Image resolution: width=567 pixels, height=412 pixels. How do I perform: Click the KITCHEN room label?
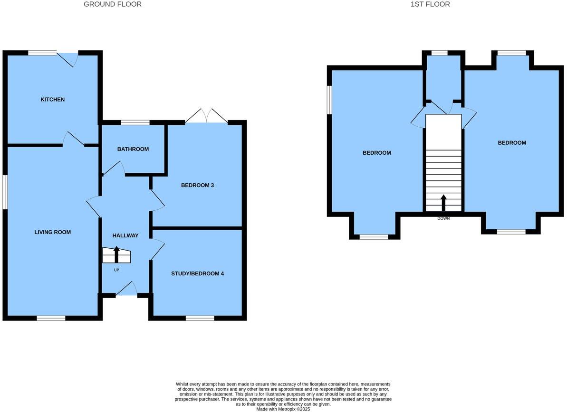(52, 100)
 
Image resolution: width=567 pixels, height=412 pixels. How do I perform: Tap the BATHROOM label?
(133, 149)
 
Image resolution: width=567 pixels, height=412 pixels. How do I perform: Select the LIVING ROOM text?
(52, 232)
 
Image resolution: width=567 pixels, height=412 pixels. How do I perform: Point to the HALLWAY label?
(125, 235)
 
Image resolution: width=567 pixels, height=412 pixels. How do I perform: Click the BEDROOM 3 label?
(197, 185)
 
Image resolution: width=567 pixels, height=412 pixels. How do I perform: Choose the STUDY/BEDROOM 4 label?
(197, 274)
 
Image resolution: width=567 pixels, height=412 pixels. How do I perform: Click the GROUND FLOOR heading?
(113, 4)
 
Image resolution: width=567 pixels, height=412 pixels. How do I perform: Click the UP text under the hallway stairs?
(116, 270)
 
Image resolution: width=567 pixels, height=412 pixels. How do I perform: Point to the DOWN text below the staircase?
(443, 218)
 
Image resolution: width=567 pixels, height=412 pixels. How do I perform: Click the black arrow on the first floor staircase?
(443, 202)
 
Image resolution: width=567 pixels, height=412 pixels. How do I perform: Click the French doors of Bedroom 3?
(206, 117)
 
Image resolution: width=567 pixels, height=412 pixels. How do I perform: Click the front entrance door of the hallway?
(126, 289)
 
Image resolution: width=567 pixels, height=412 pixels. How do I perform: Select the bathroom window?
(135, 123)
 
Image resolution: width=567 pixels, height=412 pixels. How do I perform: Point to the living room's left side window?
(5, 192)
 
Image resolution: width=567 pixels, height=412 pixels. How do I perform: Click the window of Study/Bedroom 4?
(200, 318)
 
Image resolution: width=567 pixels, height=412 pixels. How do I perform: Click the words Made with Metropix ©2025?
(283, 409)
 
